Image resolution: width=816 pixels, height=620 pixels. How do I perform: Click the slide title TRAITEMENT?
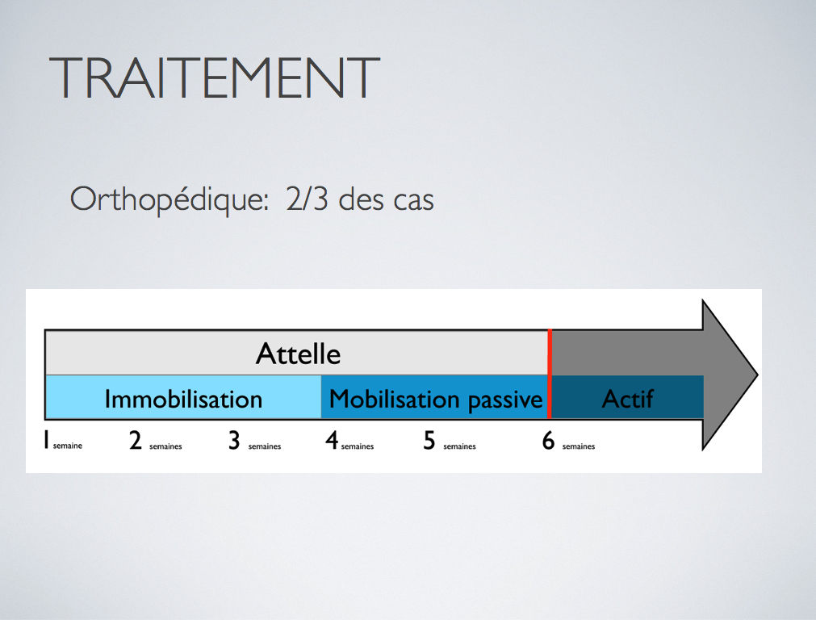click(215, 77)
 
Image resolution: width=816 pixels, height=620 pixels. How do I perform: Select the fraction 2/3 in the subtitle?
click(307, 199)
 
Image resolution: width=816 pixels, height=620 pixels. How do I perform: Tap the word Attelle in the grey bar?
click(298, 354)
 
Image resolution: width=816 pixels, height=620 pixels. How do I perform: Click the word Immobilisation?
click(183, 400)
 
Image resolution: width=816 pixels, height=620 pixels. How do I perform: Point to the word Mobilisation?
click(395, 400)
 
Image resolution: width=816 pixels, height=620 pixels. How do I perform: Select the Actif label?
click(628, 400)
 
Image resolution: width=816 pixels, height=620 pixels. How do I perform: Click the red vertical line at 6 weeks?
click(550, 374)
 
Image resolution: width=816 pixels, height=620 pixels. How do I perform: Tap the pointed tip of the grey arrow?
click(757, 375)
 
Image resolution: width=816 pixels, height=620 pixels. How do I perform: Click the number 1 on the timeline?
click(46, 441)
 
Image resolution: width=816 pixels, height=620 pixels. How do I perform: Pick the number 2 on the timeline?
click(136, 441)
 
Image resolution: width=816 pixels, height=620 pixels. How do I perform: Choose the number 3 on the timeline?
click(234, 441)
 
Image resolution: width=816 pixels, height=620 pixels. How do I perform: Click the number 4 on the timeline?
click(332, 441)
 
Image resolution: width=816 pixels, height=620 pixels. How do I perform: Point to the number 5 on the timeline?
click(429, 441)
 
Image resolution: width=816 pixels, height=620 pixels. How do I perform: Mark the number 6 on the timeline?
click(549, 441)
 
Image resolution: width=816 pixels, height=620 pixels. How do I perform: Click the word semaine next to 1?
click(68, 446)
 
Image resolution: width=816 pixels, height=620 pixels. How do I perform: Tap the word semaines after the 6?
click(579, 446)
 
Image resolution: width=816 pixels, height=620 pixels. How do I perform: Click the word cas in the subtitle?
click(414, 201)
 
